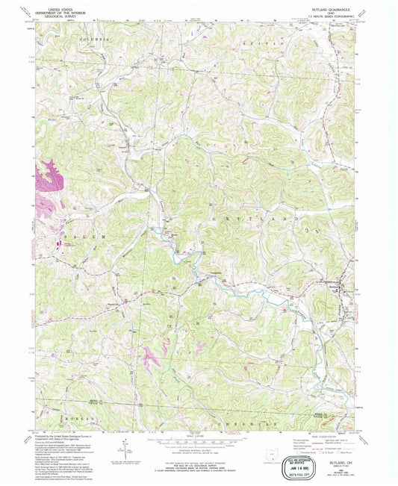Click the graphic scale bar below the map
point(196,442)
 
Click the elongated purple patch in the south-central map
point(152,358)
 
